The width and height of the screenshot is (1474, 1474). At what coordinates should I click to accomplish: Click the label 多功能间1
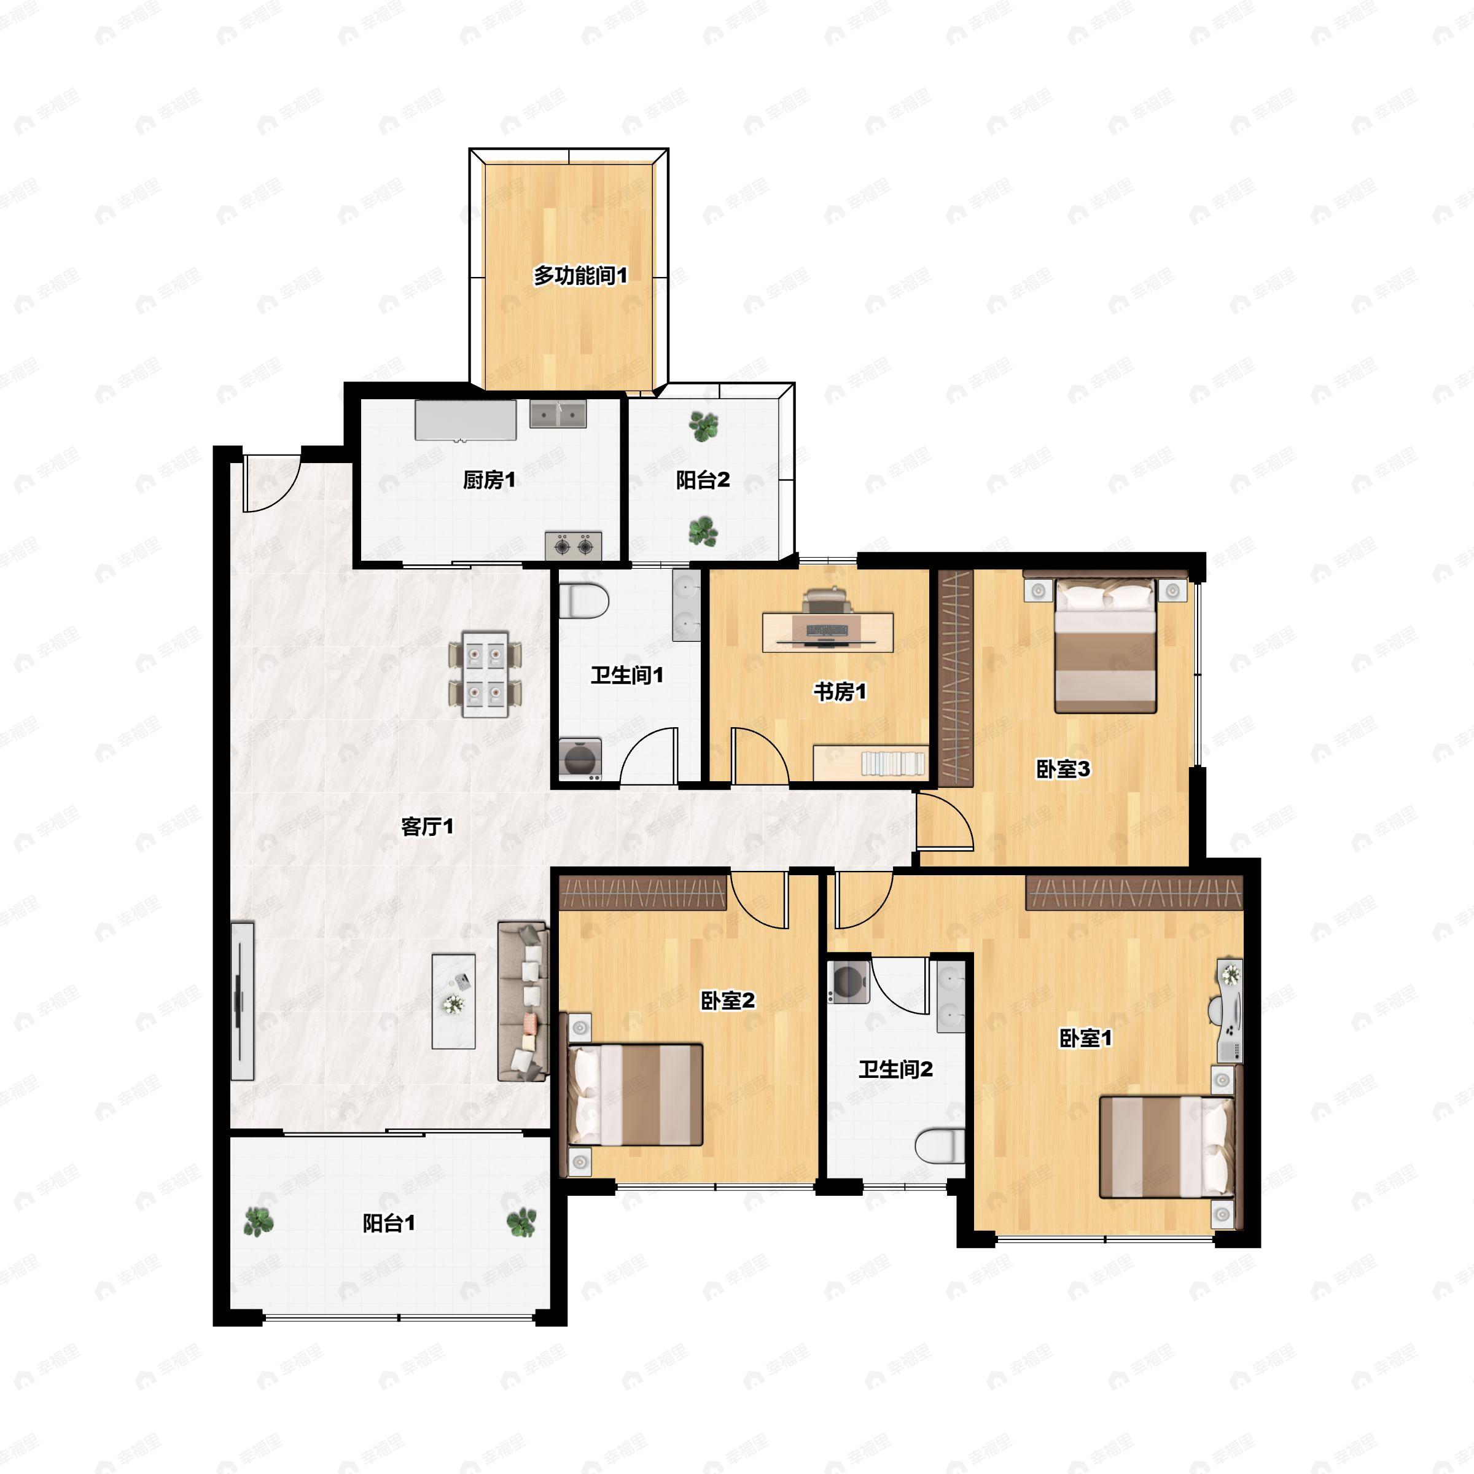[580, 275]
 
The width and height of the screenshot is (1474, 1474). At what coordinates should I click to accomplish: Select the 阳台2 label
[703, 480]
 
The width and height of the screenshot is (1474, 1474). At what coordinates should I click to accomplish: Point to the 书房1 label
[840, 692]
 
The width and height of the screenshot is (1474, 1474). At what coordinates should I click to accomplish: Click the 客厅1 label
[427, 826]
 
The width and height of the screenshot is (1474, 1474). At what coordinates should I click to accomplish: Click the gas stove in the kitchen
[573, 545]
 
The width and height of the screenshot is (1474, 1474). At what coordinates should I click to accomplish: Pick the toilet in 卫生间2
[940, 1147]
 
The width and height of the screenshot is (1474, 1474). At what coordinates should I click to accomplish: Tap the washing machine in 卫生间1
[580, 759]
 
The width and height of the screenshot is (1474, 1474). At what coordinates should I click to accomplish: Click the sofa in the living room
[523, 1002]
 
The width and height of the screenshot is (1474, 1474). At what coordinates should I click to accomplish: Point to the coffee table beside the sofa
[454, 1001]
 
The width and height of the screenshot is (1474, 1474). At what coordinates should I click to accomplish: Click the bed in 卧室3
[1105, 645]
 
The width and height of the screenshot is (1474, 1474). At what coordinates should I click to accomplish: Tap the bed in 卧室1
[1166, 1147]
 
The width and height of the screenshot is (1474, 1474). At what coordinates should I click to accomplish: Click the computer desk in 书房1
[828, 633]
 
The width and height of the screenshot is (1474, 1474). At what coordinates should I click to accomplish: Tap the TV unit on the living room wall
[242, 1001]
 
